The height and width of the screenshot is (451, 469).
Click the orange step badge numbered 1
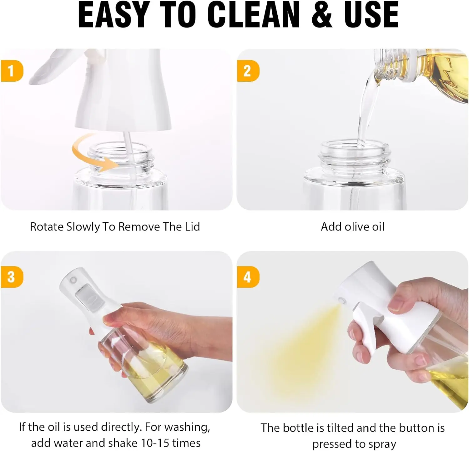(x=12, y=71)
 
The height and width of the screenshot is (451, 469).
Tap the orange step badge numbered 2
(x=248, y=71)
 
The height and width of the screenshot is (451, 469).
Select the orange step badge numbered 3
(x=12, y=277)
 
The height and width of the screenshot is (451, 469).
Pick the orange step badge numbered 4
(x=248, y=277)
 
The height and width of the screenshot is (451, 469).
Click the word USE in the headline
(x=371, y=15)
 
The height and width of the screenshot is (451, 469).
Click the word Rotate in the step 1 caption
(x=47, y=227)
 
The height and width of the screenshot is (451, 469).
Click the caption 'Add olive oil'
(x=353, y=227)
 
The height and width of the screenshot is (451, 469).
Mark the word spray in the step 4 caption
(x=382, y=444)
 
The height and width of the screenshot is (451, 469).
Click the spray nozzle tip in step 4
(x=341, y=301)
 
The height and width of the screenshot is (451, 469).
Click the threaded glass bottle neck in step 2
(x=355, y=156)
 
